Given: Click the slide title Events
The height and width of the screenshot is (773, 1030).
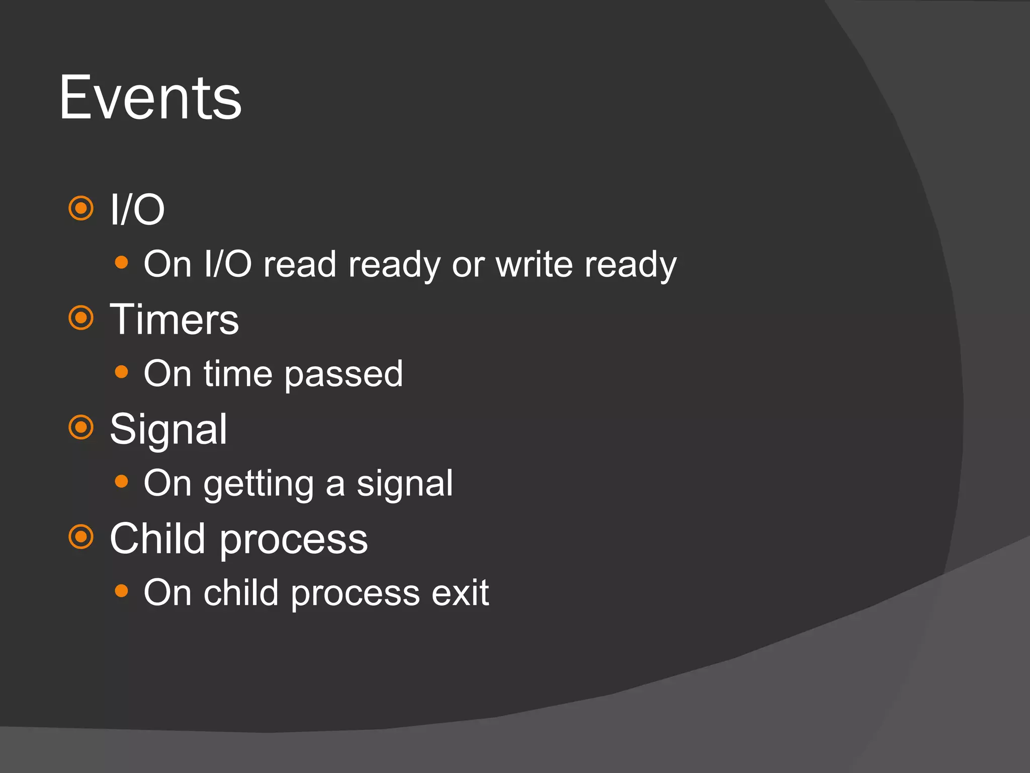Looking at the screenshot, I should (150, 98).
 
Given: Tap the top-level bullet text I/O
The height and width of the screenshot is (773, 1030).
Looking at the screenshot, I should (137, 210).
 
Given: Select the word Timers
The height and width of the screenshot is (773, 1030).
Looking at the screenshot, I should (174, 320).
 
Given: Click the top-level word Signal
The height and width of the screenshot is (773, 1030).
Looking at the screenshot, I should (168, 429).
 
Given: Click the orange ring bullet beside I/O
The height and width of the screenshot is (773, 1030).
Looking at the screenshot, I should (81, 208).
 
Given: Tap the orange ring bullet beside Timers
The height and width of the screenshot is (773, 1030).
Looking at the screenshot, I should (81, 318).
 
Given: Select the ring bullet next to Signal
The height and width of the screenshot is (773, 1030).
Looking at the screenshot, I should (81, 427).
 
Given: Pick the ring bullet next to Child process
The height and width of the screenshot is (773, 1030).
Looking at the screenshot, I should (81, 537).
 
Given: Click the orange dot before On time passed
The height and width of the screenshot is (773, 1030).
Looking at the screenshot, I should (121, 372).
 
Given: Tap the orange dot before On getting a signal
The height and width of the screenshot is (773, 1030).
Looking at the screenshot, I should (121, 482).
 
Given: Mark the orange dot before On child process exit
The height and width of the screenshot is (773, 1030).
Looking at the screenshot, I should (121, 591).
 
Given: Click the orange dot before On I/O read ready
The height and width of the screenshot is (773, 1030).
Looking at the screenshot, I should (121, 262).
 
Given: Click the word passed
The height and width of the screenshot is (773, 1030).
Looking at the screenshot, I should (344, 375).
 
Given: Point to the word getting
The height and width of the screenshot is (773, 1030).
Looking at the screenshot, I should (259, 484).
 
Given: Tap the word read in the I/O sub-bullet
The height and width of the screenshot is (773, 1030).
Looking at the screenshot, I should (300, 264).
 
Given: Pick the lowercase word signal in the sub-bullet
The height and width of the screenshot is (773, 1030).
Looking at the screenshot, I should (405, 484).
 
